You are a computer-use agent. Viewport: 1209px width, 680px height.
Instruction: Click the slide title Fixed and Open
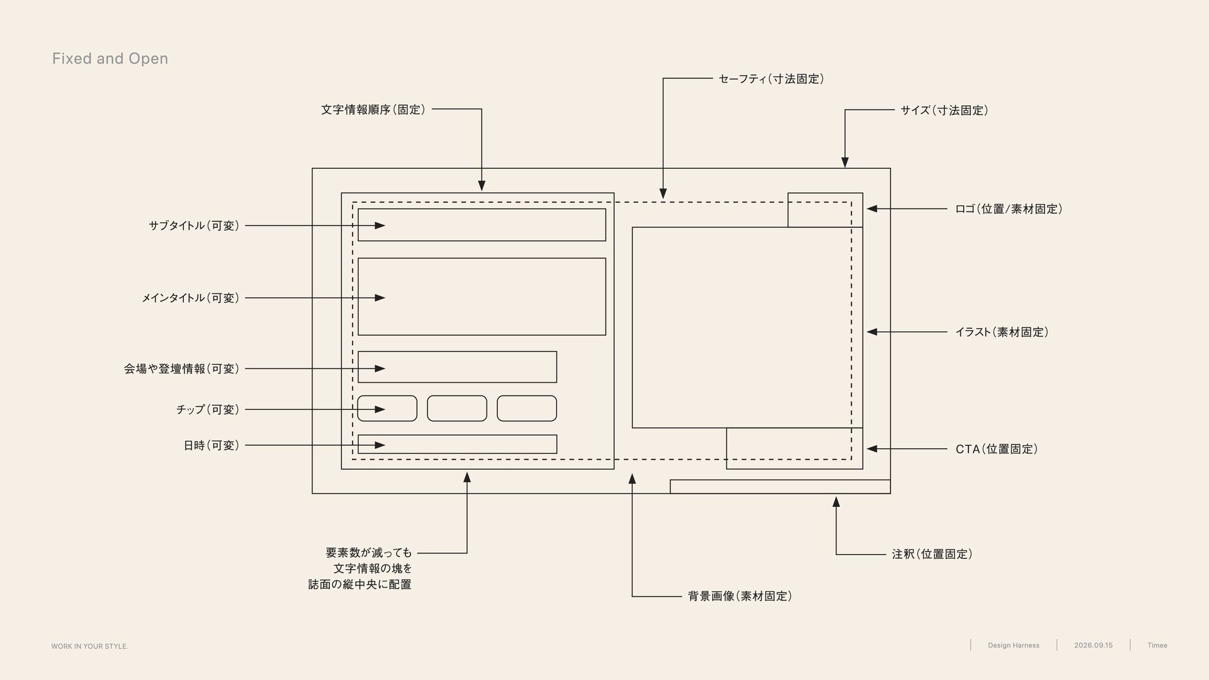click(110, 59)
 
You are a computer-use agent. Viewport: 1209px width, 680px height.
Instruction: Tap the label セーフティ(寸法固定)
click(771, 79)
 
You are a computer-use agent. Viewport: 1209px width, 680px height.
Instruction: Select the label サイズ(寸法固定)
click(944, 110)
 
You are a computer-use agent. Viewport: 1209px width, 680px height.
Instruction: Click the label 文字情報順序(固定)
click(373, 110)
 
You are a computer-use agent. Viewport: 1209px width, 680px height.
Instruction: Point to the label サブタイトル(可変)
click(194, 225)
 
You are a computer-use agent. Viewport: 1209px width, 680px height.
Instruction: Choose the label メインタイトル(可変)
click(190, 298)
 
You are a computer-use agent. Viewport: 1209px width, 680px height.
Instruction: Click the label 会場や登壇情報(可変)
click(181, 369)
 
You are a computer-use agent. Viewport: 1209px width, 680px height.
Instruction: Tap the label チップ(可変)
click(208, 410)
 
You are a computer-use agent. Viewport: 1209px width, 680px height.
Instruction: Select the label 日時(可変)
click(212, 446)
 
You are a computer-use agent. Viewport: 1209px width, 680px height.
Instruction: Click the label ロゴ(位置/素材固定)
click(1009, 209)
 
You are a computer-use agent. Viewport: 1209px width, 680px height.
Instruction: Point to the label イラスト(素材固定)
click(1002, 332)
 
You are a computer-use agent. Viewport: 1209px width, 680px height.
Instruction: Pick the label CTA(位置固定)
click(997, 449)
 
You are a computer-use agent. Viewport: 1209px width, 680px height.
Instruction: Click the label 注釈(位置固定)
click(932, 554)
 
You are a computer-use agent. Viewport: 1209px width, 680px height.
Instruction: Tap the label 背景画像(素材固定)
click(740, 596)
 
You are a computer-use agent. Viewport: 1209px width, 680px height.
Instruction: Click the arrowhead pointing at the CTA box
click(872, 449)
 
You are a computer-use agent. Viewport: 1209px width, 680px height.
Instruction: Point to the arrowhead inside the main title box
click(380, 298)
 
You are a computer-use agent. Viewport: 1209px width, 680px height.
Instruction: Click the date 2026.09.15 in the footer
click(1093, 645)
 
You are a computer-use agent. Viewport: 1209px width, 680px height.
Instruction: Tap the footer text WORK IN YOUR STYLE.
click(89, 647)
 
